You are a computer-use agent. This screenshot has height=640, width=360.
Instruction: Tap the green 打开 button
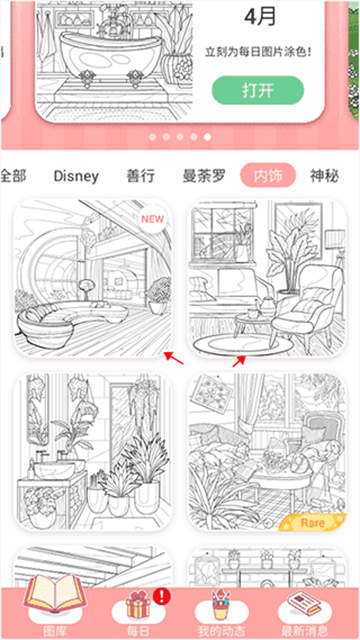point(258,90)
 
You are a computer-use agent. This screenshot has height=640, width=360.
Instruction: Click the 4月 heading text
point(260,16)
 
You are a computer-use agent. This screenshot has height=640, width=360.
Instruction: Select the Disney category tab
point(76,176)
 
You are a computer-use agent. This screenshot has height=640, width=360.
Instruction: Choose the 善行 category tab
point(140,176)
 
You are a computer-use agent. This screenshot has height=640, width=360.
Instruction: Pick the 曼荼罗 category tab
point(204,176)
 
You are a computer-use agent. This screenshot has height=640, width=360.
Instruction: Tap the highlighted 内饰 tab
point(268,175)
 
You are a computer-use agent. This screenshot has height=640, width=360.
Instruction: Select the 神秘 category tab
point(324,176)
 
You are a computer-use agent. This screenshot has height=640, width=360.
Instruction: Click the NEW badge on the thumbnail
point(152,219)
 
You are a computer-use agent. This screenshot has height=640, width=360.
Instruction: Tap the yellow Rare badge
point(313,522)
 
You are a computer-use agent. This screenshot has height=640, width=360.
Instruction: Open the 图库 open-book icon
point(55,594)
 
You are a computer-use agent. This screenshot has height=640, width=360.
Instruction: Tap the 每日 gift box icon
point(138,604)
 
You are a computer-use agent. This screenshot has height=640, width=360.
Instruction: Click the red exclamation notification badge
point(162,597)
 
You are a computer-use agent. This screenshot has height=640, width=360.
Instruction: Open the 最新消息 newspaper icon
point(304,604)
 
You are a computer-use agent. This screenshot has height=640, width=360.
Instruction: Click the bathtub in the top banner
point(111,55)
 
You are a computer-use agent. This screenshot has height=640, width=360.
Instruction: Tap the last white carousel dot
point(208,137)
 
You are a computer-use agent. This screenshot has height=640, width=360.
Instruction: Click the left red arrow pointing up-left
point(174,358)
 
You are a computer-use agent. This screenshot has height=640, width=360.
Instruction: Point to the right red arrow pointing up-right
point(239,361)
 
